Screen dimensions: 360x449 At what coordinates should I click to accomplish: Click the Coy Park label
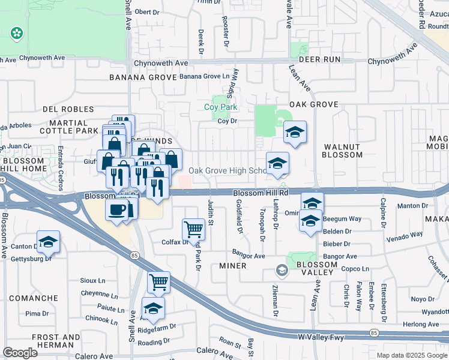(221, 107)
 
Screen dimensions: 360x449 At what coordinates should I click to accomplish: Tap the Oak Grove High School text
(228, 170)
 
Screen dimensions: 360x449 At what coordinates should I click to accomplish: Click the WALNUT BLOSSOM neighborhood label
(343, 151)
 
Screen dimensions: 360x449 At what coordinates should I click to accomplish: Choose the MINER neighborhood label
(233, 266)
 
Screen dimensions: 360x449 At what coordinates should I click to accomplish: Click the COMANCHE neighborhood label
(34, 298)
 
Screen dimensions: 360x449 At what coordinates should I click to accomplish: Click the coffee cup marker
(118, 210)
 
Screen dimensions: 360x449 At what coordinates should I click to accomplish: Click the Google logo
(20, 352)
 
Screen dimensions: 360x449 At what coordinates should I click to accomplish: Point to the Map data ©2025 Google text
(411, 355)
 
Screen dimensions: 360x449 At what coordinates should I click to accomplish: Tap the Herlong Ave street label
(426, 325)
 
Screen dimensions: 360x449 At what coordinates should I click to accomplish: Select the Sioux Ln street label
(93, 280)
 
